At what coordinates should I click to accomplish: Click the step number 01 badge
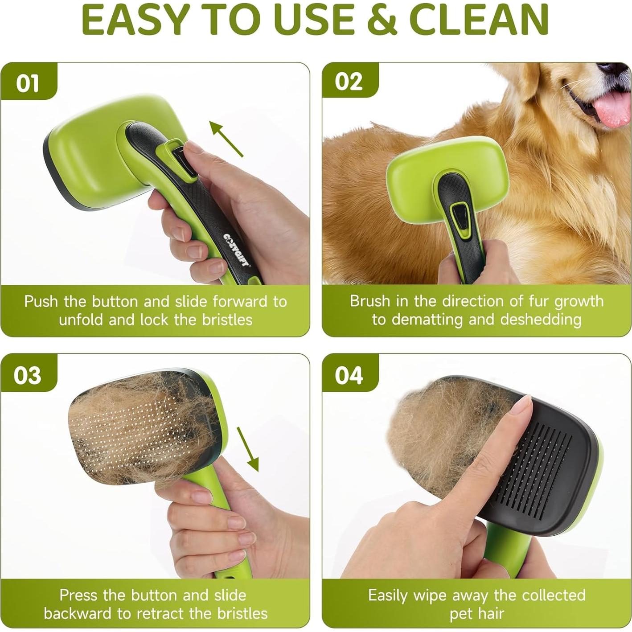[28, 83]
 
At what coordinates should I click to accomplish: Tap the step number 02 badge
[349, 82]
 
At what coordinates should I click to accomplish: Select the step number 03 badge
[28, 375]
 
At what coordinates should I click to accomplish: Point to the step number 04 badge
[349, 375]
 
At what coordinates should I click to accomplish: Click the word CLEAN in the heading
[479, 20]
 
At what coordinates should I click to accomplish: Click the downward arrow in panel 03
[248, 449]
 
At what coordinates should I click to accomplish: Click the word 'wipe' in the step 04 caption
[431, 595]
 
